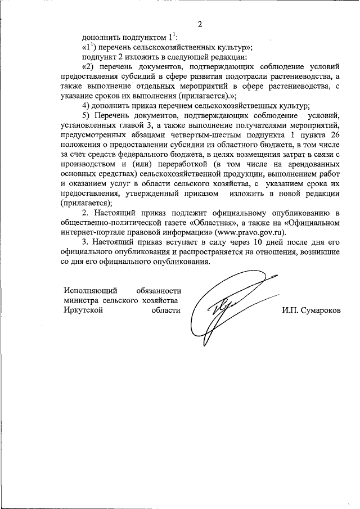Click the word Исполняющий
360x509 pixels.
point(90,291)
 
